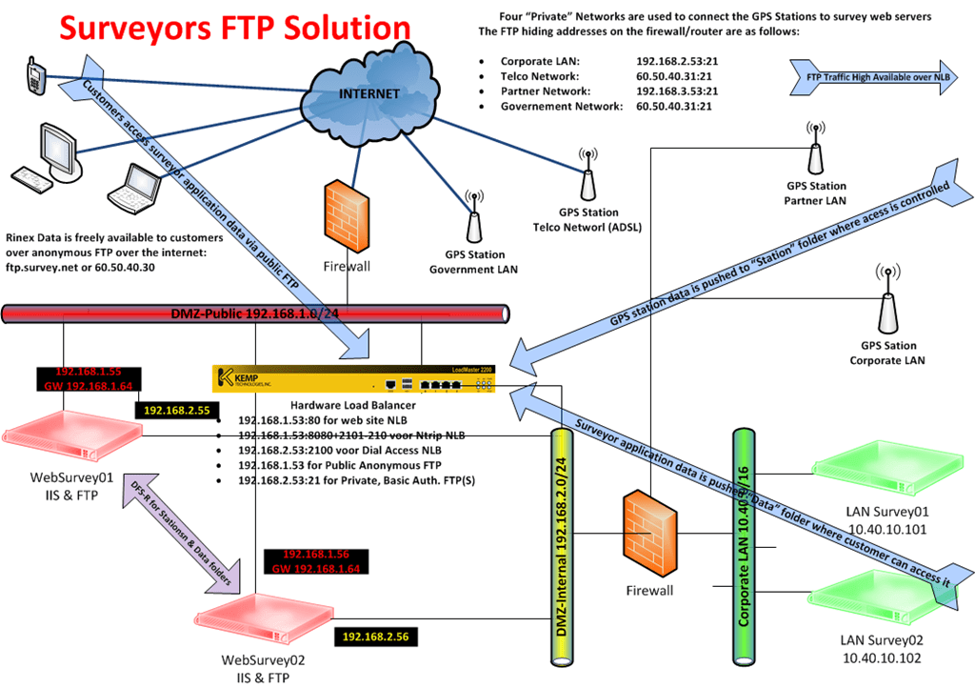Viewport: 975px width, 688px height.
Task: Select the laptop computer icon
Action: coord(132,188)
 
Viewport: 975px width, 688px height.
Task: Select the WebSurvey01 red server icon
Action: coord(62,434)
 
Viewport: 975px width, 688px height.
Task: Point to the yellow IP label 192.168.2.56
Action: coord(377,636)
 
